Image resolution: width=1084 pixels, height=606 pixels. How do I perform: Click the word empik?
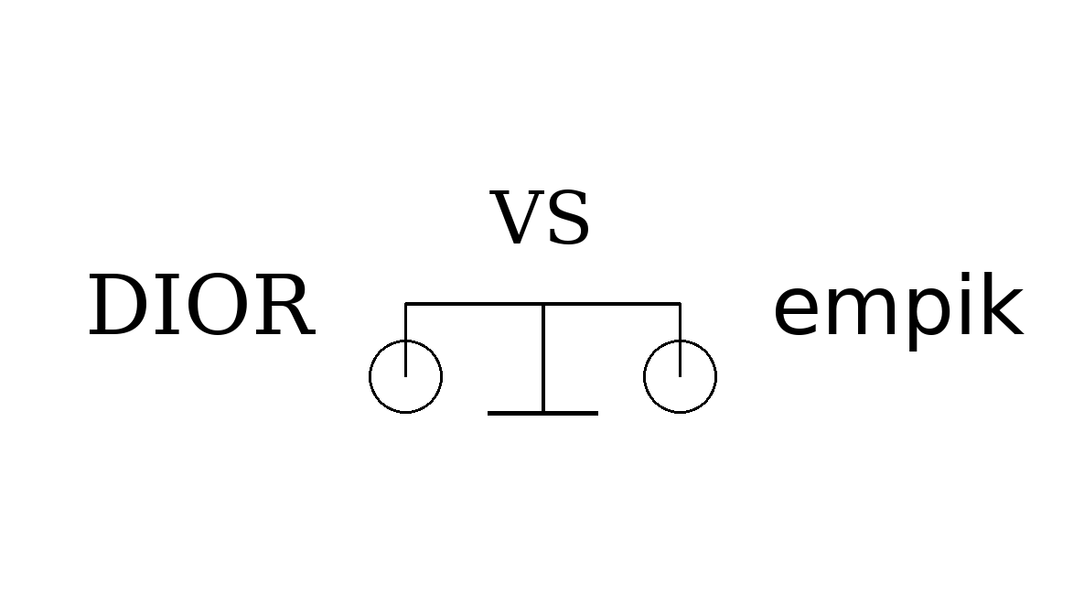(896, 309)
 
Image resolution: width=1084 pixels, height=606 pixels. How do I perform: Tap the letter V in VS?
(520, 219)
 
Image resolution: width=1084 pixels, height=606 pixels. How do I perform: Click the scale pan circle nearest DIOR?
(405, 376)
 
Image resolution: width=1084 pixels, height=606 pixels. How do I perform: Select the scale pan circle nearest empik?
(680, 376)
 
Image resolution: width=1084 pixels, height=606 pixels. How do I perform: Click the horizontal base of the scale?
(542, 413)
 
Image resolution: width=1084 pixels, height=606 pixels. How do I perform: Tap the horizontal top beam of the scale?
(476, 303)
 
